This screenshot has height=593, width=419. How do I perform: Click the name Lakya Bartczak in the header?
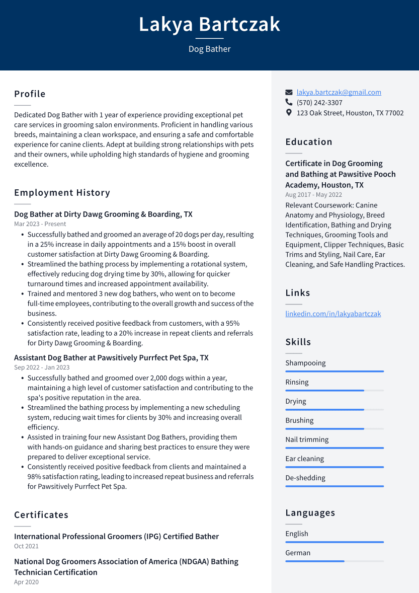pos(209,24)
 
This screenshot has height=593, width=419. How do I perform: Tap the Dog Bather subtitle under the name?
pos(209,49)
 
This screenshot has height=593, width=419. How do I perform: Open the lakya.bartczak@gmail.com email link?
pos(339,92)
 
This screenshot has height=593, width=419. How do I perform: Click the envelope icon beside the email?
pos(289,93)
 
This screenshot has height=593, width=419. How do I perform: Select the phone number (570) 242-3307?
pos(319,103)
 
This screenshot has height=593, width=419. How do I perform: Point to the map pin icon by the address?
pos(289,113)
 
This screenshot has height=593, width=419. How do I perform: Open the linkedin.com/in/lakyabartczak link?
pos(333,314)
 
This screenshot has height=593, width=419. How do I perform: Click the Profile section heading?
pos(30,94)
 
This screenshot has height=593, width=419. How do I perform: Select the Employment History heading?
pos(62,193)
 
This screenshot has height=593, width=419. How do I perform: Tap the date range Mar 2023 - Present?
pos(40,224)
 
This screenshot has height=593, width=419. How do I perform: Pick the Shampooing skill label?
pos(305,363)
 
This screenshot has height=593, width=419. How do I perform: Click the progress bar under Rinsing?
pos(334,390)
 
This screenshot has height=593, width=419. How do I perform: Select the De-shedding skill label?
pos(305,478)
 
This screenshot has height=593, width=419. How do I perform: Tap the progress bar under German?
pos(334,561)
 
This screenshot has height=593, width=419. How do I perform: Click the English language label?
pos(297,534)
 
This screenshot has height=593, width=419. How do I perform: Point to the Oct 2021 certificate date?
pos(26,546)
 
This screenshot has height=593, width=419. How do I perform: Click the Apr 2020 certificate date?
pos(26,582)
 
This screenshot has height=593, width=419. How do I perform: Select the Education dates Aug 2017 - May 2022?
pos(313,195)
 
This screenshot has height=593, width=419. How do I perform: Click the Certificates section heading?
pos(41,515)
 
